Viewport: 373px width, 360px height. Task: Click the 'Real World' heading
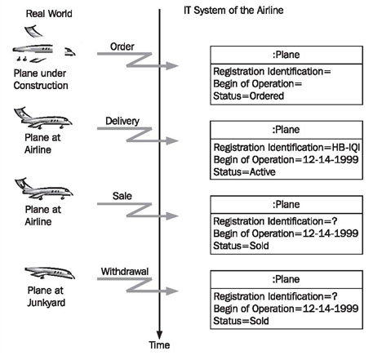(49, 14)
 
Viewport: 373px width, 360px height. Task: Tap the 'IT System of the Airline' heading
(233, 11)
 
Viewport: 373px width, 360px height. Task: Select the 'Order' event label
(122, 47)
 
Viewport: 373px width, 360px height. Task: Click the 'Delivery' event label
(122, 121)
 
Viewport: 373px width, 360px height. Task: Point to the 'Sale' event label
(122, 196)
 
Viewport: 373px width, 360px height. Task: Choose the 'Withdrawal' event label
(125, 271)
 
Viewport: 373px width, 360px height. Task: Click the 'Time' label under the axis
(159, 345)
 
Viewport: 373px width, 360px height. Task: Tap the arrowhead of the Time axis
(160, 335)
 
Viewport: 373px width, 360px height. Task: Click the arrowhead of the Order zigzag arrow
(172, 65)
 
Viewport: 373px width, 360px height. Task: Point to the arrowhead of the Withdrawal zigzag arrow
(172, 291)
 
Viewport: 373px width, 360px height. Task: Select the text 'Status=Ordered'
(249, 96)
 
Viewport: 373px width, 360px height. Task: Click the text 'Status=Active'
(244, 172)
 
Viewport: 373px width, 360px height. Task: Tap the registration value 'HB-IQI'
(346, 148)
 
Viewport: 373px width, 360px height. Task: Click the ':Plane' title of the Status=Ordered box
(286, 55)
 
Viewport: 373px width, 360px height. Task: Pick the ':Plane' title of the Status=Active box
(286, 130)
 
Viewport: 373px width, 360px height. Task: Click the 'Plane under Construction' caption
(41, 79)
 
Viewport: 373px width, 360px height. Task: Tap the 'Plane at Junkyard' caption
(46, 296)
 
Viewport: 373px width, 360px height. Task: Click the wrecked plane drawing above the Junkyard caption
(50, 273)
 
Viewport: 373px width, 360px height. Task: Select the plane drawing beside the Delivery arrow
(43, 118)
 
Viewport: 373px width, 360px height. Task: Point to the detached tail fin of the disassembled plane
(33, 31)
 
